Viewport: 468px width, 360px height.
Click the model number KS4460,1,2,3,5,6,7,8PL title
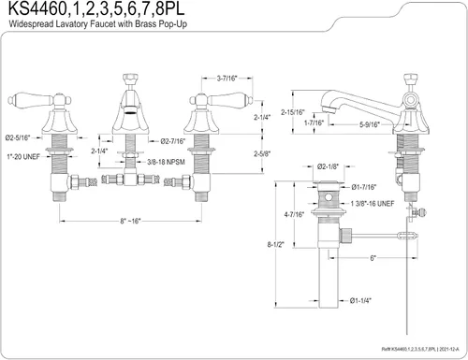tap(96, 9)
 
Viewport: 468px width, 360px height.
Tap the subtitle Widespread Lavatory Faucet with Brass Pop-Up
tap(98, 24)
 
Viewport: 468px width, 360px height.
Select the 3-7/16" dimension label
tap(227, 79)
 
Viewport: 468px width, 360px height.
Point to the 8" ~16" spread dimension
tap(130, 221)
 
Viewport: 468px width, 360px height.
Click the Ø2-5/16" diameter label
tap(18, 137)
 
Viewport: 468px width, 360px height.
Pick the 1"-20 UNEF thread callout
tap(23, 157)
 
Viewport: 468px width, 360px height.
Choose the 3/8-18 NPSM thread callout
tap(166, 162)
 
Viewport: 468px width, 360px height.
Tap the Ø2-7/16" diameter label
tap(173, 141)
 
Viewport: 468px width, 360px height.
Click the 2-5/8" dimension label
tap(262, 153)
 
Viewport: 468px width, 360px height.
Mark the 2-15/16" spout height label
tap(292, 112)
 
